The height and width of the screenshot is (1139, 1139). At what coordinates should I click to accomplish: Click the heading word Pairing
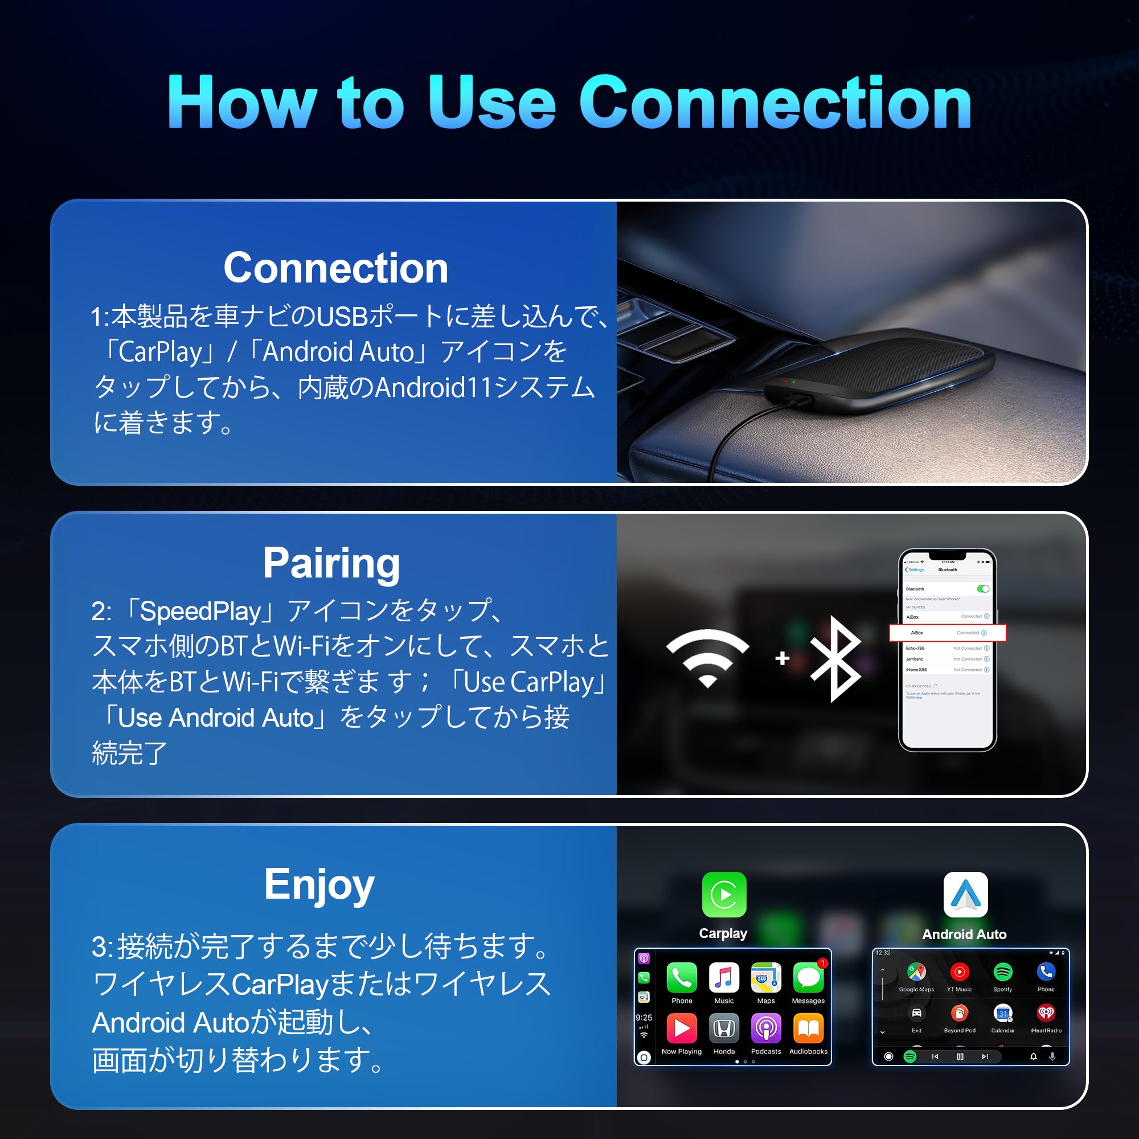point(331,563)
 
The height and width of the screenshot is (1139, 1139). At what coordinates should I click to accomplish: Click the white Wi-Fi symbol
point(707,657)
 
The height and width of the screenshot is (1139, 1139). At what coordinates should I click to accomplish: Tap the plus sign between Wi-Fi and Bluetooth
point(782,658)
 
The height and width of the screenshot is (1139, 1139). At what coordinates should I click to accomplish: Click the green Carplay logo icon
point(724,894)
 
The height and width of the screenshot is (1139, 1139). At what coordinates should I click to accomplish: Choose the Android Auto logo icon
point(965,894)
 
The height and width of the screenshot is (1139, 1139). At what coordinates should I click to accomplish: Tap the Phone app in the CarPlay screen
point(682,978)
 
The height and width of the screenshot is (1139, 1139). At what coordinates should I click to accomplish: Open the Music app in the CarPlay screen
point(724,978)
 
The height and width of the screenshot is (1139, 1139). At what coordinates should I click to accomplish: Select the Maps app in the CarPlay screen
point(766,978)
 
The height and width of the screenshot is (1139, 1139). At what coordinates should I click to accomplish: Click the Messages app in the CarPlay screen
point(808,978)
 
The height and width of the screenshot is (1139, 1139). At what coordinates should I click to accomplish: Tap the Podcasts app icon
point(766,1029)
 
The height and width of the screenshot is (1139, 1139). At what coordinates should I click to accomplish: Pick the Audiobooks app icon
point(808,1029)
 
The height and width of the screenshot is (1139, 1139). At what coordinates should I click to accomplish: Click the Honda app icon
point(724,1029)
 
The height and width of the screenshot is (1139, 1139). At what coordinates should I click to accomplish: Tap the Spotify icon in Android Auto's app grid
point(1003,971)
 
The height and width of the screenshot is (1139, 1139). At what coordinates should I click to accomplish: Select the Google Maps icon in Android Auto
point(916,971)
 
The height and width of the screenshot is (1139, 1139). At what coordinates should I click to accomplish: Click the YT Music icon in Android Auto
point(959,971)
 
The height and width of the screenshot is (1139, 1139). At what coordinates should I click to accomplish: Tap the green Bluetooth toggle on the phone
point(983,589)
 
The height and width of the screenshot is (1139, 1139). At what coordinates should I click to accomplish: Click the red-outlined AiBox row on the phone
point(948,633)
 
